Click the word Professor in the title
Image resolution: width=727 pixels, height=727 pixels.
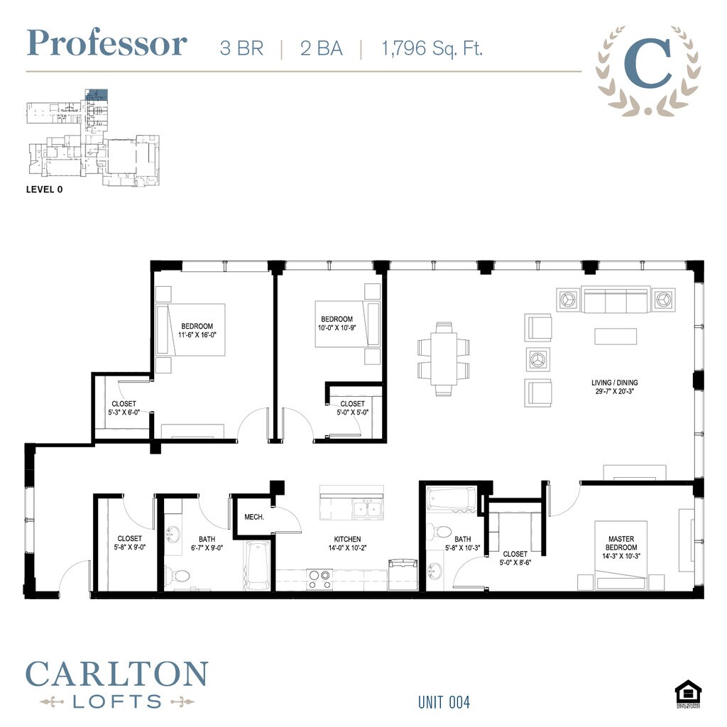pyautogui.click(x=106, y=43)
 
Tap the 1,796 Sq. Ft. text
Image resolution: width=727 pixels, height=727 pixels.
pyautogui.click(x=432, y=48)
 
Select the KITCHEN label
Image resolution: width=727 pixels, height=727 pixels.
pyautogui.click(x=347, y=540)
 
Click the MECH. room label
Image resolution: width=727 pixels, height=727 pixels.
pyautogui.click(x=254, y=517)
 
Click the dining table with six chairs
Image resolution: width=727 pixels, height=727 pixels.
pyautogui.click(x=444, y=359)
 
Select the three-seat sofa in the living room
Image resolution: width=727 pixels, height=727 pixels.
pyautogui.click(x=616, y=300)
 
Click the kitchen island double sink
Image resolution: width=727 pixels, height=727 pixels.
pyautogui.click(x=367, y=508)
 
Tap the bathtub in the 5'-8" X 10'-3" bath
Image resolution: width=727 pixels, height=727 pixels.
pyautogui.click(x=452, y=498)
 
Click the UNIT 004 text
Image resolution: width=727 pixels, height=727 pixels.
pyautogui.click(x=444, y=702)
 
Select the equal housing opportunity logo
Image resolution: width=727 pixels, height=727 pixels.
pyautogui.click(x=687, y=694)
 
